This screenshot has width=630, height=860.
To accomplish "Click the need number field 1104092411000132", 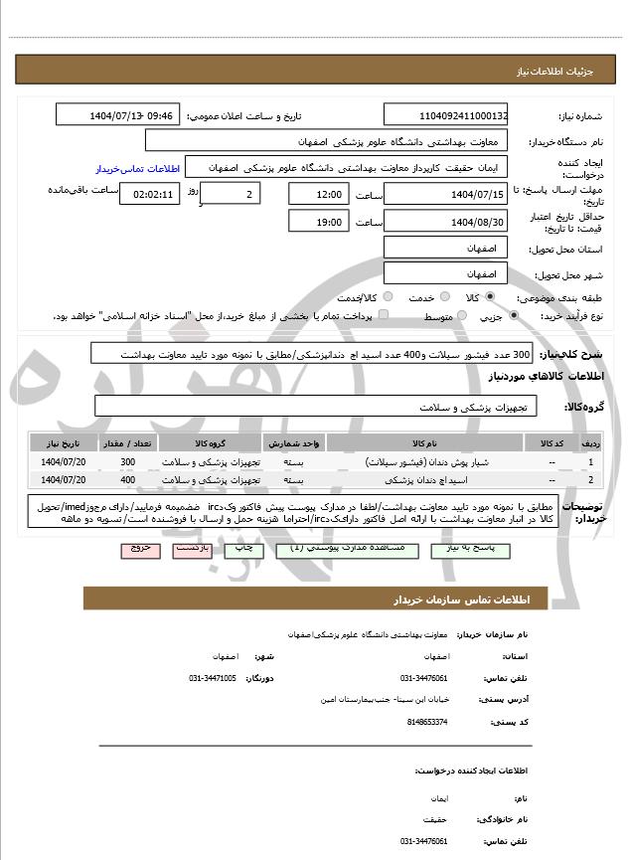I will (445, 115).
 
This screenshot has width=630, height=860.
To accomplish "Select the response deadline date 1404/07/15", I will (445, 194).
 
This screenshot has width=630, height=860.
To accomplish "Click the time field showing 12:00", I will (319, 194).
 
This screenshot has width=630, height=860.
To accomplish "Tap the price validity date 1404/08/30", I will (445, 221).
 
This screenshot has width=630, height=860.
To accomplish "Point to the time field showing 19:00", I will (319, 221).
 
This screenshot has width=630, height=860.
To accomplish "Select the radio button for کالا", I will (490, 297).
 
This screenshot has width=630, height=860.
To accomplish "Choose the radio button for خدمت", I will (444, 297).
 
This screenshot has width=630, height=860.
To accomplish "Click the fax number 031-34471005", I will (211, 677).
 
